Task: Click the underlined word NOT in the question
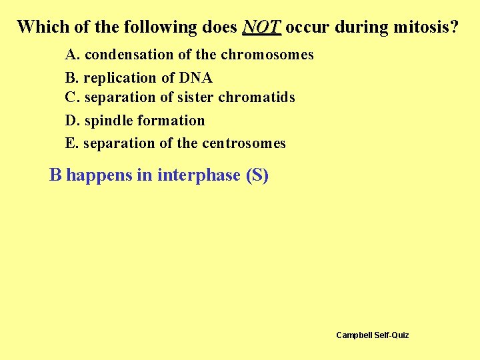262,27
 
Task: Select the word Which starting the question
41,27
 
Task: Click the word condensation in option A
123,55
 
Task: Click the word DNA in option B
195,77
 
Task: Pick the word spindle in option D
108,121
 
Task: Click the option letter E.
70,143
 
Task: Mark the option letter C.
71,98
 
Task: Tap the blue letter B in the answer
56,175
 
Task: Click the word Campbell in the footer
354,335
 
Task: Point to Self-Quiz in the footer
391,335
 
